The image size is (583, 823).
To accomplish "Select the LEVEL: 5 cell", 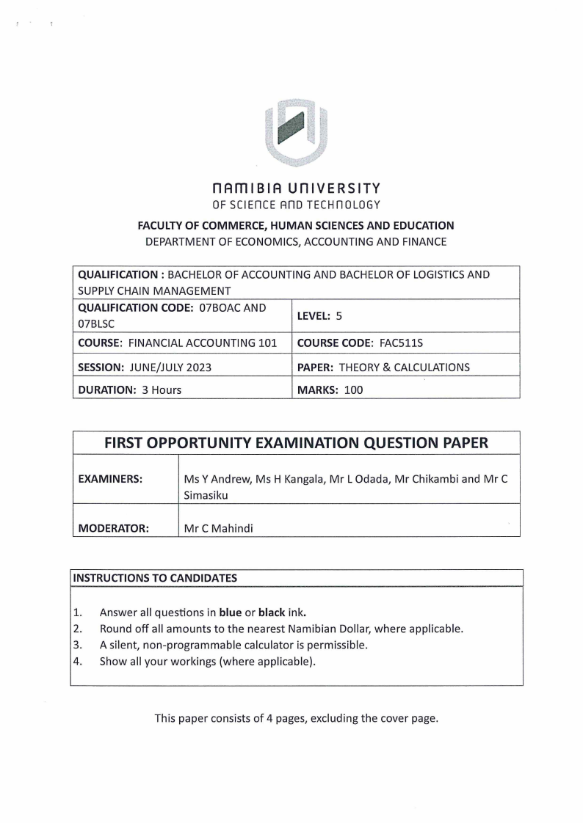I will (x=319, y=315).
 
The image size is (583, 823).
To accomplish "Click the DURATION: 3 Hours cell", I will (x=129, y=390).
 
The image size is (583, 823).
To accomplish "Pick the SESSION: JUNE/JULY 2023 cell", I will (x=144, y=367).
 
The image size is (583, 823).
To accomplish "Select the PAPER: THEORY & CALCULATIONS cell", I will (x=383, y=367).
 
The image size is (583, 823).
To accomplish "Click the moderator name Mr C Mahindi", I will (x=218, y=527).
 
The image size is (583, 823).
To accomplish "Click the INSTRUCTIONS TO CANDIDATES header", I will (x=155, y=577).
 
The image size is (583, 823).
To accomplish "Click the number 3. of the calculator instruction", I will (x=77, y=645).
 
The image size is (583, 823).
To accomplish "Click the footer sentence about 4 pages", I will (x=296, y=718).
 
